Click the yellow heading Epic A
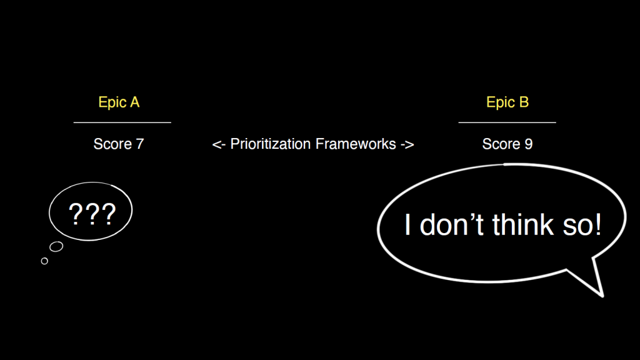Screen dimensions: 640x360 point(119,102)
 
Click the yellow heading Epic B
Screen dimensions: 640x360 point(507,102)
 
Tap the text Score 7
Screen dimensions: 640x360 point(118,144)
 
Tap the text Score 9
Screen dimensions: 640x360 point(507,144)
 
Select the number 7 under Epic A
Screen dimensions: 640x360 point(139,144)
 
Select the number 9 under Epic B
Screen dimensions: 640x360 point(529,144)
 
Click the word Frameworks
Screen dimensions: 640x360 point(356,144)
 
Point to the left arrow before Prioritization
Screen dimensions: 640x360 point(219,144)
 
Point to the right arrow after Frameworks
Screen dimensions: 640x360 point(407,144)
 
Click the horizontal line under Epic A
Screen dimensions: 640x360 point(122,122)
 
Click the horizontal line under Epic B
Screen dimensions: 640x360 point(507,122)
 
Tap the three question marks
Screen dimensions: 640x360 point(92,214)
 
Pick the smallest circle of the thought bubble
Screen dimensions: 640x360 point(44,261)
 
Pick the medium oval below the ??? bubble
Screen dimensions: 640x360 point(56,246)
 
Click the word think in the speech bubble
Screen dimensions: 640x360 point(523,224)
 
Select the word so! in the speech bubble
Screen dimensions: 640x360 point(582,225)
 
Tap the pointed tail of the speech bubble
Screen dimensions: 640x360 point(602,296)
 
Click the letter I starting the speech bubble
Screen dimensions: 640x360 point(407,224)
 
